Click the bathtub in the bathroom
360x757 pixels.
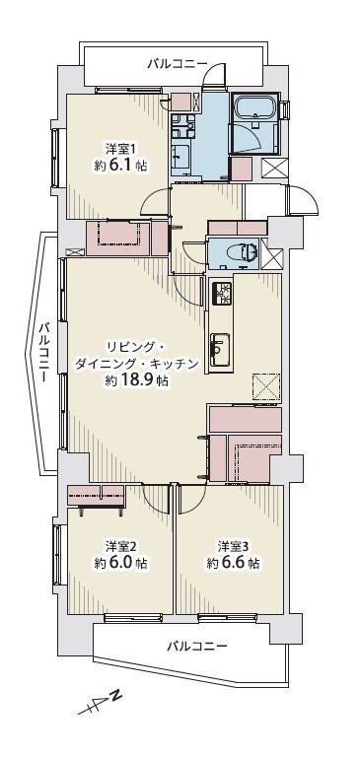tap(254, 106)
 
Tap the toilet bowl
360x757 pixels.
tap(248, 251)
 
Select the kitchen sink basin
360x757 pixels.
tap(220, 346)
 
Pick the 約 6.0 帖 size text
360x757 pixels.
tap(120, 563)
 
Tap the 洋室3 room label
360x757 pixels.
tap(232, 546)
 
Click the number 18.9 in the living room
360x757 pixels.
tap(137, 380)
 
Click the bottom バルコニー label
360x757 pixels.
tap(197, 646)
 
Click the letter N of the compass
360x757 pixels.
tap(115, 696)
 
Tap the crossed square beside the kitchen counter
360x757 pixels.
tap(265, 386)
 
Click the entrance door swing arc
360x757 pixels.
tap(304, 198)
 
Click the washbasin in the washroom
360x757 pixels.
tap(181, 156)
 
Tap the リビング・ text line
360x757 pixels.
tap(136, 347)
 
